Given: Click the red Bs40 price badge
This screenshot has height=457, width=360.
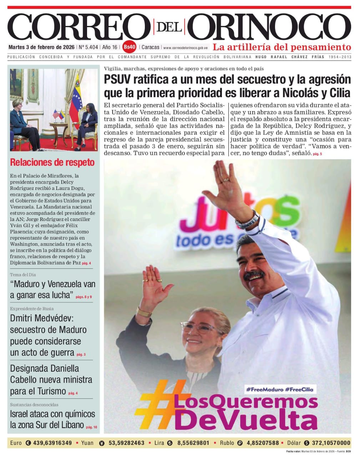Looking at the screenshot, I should pos(129,47).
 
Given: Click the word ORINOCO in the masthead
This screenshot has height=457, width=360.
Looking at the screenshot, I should pos(269,27).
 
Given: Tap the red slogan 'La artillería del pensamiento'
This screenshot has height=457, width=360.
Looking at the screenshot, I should pos(282,47).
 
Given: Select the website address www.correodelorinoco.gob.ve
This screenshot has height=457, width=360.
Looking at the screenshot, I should pos(185,47).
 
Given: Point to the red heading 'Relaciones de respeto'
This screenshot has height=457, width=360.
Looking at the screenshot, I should pos(52,162).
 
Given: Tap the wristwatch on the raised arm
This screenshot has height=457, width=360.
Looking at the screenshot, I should pos(248,220).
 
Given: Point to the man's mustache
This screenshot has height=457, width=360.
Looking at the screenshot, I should pos(254,274).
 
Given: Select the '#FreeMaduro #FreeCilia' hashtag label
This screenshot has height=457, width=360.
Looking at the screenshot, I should pos(279,389).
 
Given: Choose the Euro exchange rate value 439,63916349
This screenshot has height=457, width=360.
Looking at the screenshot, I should pos(52,443).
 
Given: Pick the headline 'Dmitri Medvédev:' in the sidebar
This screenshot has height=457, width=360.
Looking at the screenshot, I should pos(41,318).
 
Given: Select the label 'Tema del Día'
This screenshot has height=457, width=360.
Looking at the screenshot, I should pos(23,275).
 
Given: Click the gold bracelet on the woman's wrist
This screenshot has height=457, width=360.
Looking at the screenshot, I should pos(144,312).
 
